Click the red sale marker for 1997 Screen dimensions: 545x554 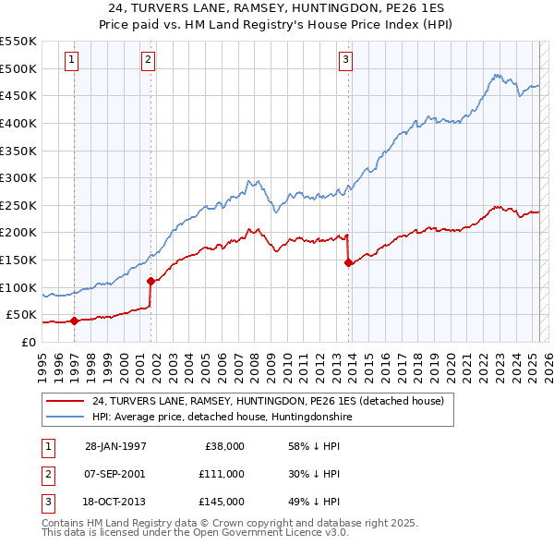(x=74, y=321)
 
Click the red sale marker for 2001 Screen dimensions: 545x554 (x=150, y=281)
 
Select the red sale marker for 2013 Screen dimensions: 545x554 (x=348, y=262)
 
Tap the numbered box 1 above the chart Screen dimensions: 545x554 (x=72, y=61)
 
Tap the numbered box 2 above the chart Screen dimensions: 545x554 (x=148, y=61)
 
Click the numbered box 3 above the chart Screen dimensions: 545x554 (x=346, y=61)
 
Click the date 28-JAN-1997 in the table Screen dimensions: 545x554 (x=115, y=446)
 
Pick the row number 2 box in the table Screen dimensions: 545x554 (x=48, y=474)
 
